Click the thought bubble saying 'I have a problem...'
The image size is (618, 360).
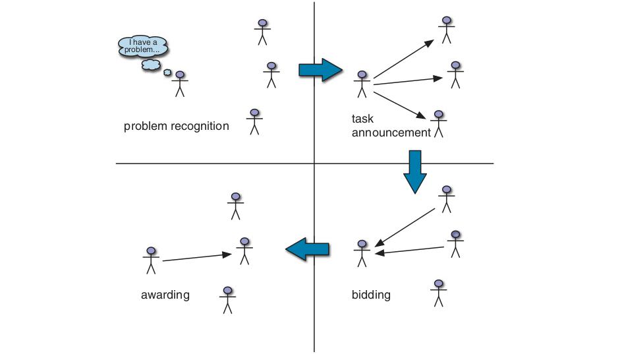click(143, 47)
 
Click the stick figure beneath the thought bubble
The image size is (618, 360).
click(180, 84)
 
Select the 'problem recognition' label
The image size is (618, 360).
click(176, 126)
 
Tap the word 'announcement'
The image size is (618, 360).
click(391, 133)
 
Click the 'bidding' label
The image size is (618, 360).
click(371, 295)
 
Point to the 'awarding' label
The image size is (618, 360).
click(165, 295)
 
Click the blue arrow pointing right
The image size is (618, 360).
click(320, 70)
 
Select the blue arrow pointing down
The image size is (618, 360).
click(415, 172)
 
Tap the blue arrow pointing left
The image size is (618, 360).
click(307, 249)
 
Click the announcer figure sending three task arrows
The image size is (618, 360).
click(362, 84)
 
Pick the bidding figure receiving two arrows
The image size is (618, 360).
click(362, 253)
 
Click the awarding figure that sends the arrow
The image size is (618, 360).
click(151, 260)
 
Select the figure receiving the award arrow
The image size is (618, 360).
click(244, 251)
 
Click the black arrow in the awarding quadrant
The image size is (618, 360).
click(197, 257)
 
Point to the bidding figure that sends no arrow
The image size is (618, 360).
click(439, 293)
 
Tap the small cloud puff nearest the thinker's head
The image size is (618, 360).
click(167, 73)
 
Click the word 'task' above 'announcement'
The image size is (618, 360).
click(362, 119)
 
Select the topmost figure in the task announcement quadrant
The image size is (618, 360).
click(447, 30)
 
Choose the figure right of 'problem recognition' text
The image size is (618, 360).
click(254, 122)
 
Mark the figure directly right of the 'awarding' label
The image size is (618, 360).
click(227, 300)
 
